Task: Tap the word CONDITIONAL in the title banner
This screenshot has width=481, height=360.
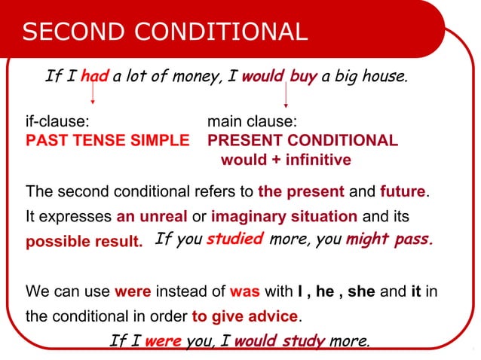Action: [x=219, y=32]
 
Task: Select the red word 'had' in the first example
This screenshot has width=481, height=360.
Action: [x=95, y=75]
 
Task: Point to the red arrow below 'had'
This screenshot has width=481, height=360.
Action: [x=93, y=94]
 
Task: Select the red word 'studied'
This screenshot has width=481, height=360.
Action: [x=234, y=239]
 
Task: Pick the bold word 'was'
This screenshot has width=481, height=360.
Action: [x=244, y=291]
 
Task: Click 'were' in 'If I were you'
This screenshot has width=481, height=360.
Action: [x=163, y=340]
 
